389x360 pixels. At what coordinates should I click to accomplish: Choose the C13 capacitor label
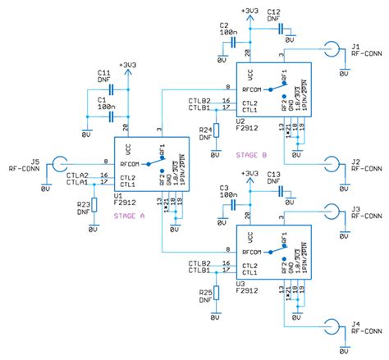274,175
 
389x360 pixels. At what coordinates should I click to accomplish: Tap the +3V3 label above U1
129,63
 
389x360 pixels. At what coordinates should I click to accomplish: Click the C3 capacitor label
224,188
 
